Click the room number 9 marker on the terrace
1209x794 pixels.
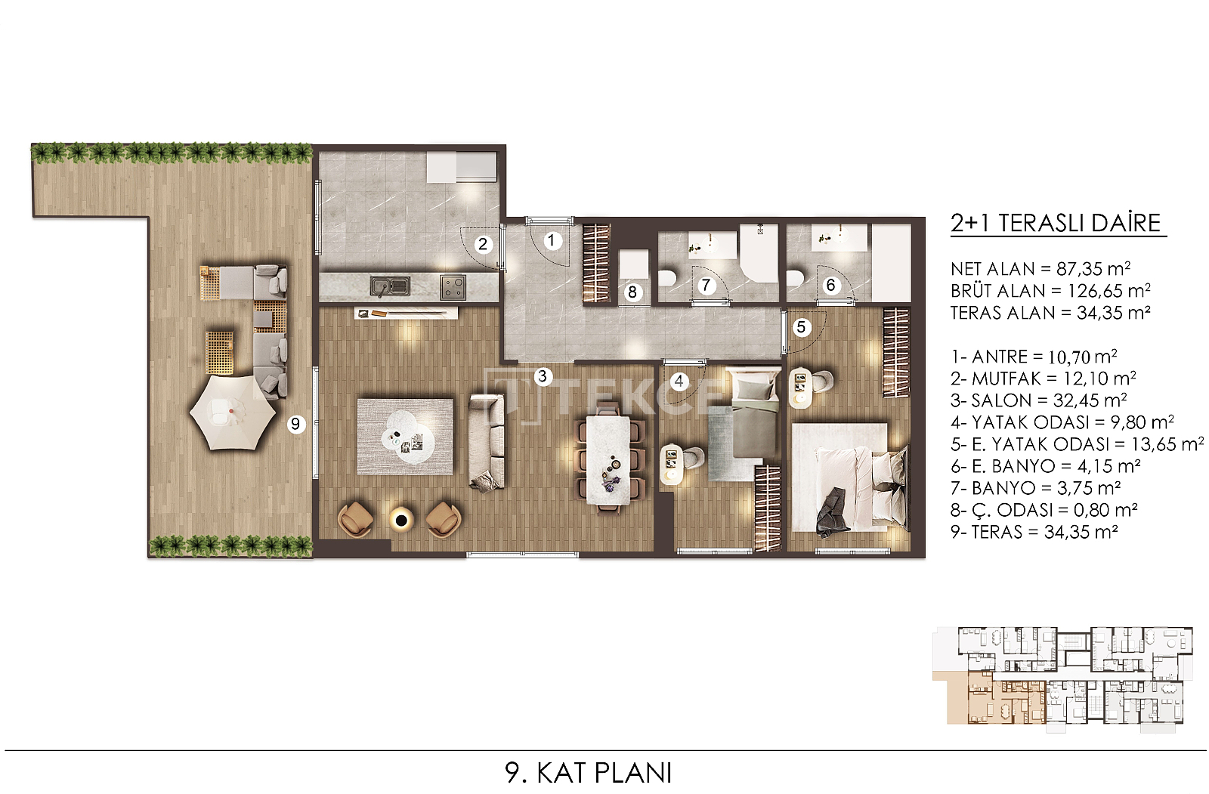pos(295,424)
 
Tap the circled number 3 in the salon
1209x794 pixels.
pos(543,376)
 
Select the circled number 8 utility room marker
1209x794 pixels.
pos(632,292)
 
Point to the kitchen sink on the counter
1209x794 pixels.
pos(390,286)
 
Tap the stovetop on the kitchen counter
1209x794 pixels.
pos(453,287)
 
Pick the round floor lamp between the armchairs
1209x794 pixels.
pos(401,520)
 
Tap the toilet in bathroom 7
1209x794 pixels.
pos(667,278)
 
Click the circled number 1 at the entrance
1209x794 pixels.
pos(551,240)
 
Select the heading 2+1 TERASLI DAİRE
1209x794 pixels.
pos(1056,223)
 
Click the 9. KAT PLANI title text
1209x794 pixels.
pos(589,773)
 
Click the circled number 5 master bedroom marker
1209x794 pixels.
pos(801,326)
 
